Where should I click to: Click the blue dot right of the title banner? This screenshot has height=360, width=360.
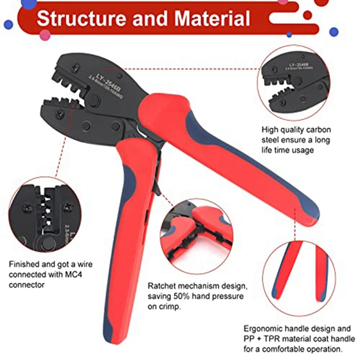point(333,32)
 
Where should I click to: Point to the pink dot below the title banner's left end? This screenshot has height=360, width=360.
point(45,35)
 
